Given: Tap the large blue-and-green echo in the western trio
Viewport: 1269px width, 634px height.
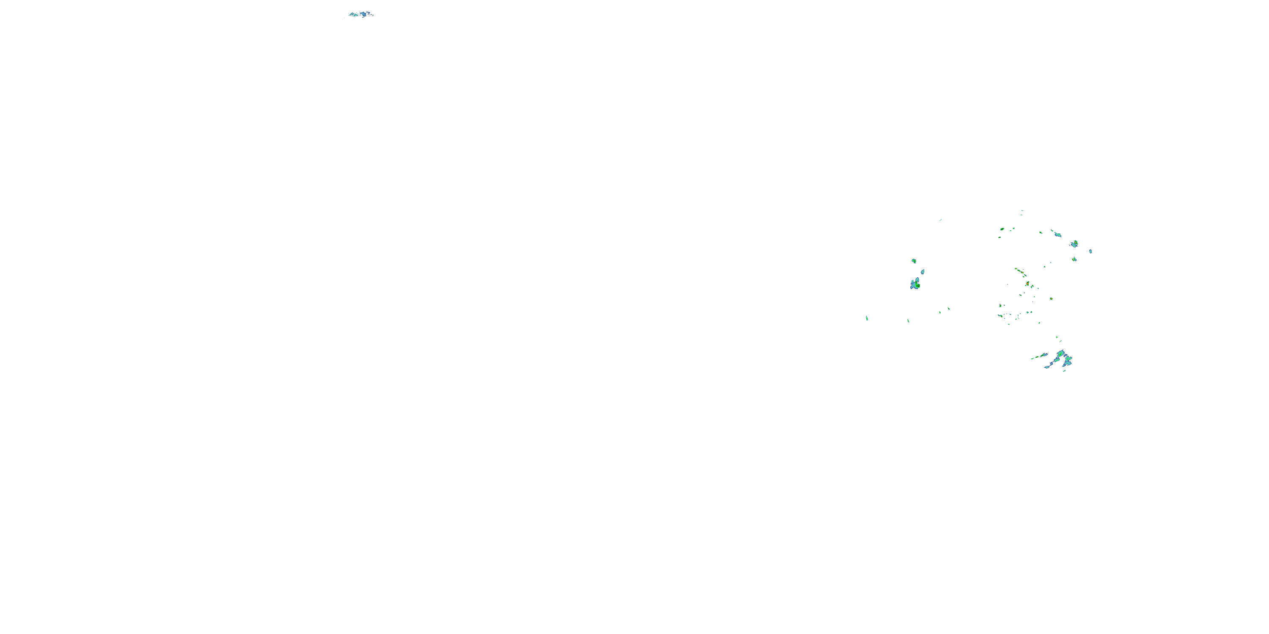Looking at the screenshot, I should pos(915,284).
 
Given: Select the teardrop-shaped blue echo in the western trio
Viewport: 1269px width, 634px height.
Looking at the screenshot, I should pos(923,272).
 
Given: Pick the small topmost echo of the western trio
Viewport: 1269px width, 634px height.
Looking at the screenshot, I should pos(914,261).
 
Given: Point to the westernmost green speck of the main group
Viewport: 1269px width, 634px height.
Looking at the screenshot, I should pos(867,318).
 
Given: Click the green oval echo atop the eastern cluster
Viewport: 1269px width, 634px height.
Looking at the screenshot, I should pos(1003,229).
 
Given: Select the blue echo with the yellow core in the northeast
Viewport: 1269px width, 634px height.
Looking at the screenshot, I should pos(1074,243).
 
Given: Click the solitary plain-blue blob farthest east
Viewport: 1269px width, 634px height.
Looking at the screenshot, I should pos(1090,251).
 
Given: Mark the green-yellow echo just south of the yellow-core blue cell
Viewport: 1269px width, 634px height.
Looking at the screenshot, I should pos(1074,259).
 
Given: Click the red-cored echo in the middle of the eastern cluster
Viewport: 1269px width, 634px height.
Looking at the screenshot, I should pos(1027,284).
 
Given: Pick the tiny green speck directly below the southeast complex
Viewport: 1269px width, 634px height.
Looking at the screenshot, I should pos(1065,371).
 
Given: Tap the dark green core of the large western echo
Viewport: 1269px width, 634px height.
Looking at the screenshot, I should pos(918,285).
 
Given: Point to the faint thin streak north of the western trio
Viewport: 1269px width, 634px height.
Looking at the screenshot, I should pos(940,220).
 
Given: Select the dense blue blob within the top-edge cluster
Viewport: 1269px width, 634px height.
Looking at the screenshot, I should pos(363,14).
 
